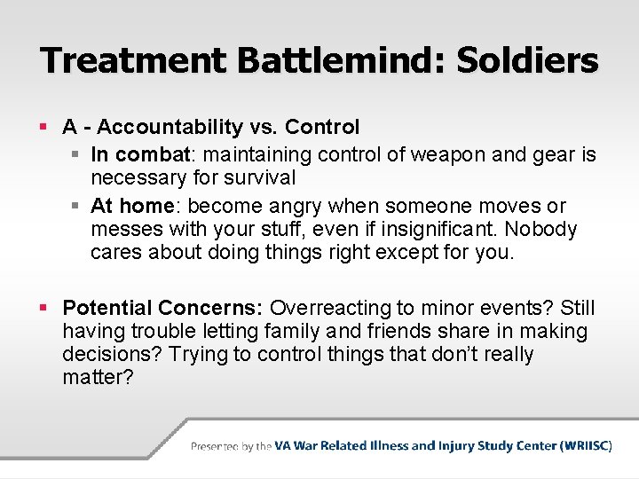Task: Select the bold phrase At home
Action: pos(131,207)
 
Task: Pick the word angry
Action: pos(294,207)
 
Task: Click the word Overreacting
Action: pos(330,308)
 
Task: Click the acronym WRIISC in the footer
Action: pos(586,446)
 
